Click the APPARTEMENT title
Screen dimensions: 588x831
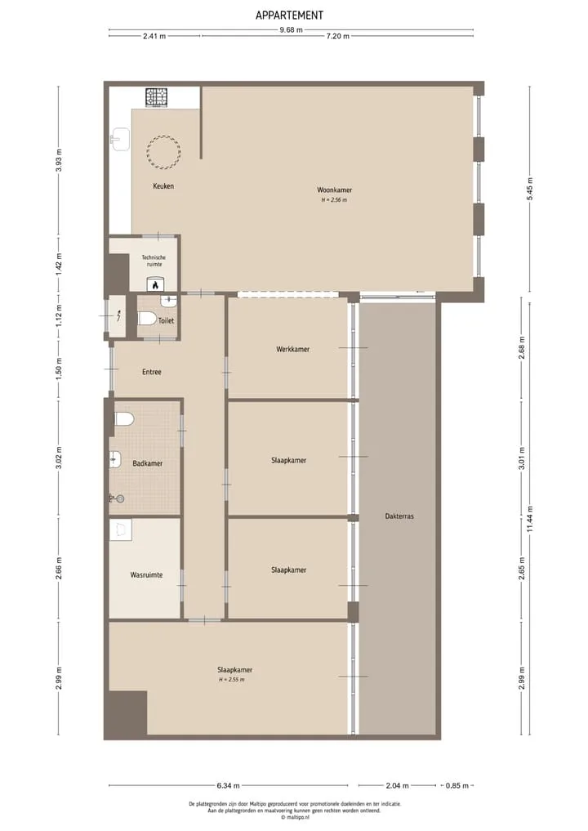pos(289,16)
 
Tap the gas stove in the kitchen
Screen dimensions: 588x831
pos(156,97)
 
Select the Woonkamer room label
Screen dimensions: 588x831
pos(334,190)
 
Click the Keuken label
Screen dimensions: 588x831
pos(163,186)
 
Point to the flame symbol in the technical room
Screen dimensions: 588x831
pos(154,284)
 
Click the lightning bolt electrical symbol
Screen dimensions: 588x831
pos(119,316)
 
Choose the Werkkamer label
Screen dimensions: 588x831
pos(292,349)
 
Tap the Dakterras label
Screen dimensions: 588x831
pos(399,516)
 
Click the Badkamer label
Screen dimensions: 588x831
pos(147,464)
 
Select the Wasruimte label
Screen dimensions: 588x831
pos(146,575)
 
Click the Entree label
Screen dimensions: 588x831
pos(152,372)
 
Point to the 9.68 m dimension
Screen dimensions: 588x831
pos(292,29)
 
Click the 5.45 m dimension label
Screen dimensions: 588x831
pos(530,189)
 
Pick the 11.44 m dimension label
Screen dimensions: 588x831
pos(530,520)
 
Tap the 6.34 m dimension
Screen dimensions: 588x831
pos(229,785)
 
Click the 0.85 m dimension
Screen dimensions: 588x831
pos(457,785)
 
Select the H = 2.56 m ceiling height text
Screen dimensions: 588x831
pos(334,200)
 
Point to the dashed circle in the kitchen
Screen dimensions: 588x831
pos(163,153)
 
